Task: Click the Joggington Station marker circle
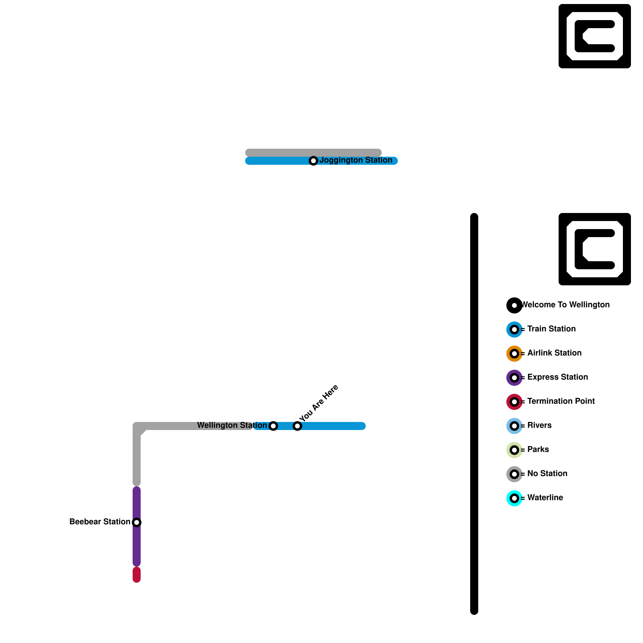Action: point(313,161)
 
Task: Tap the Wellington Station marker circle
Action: point(273,426)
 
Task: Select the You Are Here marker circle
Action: point(297,426)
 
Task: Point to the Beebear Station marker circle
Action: point(137,522)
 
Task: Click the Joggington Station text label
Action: point(356,160)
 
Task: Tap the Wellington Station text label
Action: point(231,426)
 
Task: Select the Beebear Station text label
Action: point(100,522)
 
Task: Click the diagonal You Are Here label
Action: point(319,403)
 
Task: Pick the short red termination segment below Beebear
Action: point(137,575)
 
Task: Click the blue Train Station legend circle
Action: point(514,330)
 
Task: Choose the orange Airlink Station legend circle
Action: point(514,354)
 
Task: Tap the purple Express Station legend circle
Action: point(514,378)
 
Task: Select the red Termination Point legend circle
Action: point(514,402)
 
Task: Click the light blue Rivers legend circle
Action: point(514,426)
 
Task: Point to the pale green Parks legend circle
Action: point(514,450)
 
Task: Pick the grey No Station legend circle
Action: point(514,474)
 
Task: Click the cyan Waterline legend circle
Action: point(514,498)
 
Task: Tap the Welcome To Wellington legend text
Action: point(566,305)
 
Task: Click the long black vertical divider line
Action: point(474,414)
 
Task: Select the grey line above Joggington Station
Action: point(313,153)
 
